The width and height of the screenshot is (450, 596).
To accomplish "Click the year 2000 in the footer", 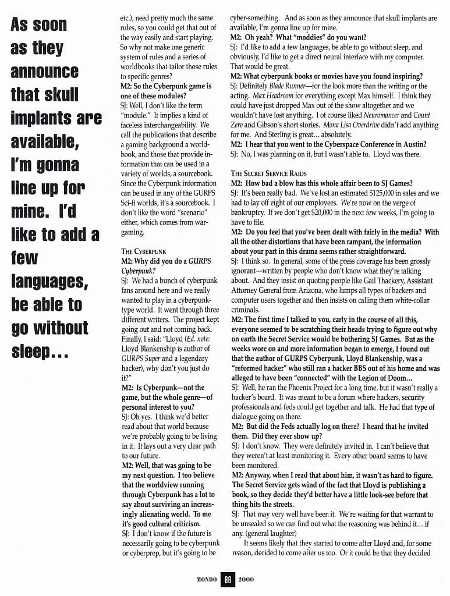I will click(245, 579).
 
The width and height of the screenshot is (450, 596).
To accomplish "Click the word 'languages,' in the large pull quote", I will click(49, 282).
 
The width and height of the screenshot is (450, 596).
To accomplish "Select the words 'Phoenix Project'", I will click(299, 388).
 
